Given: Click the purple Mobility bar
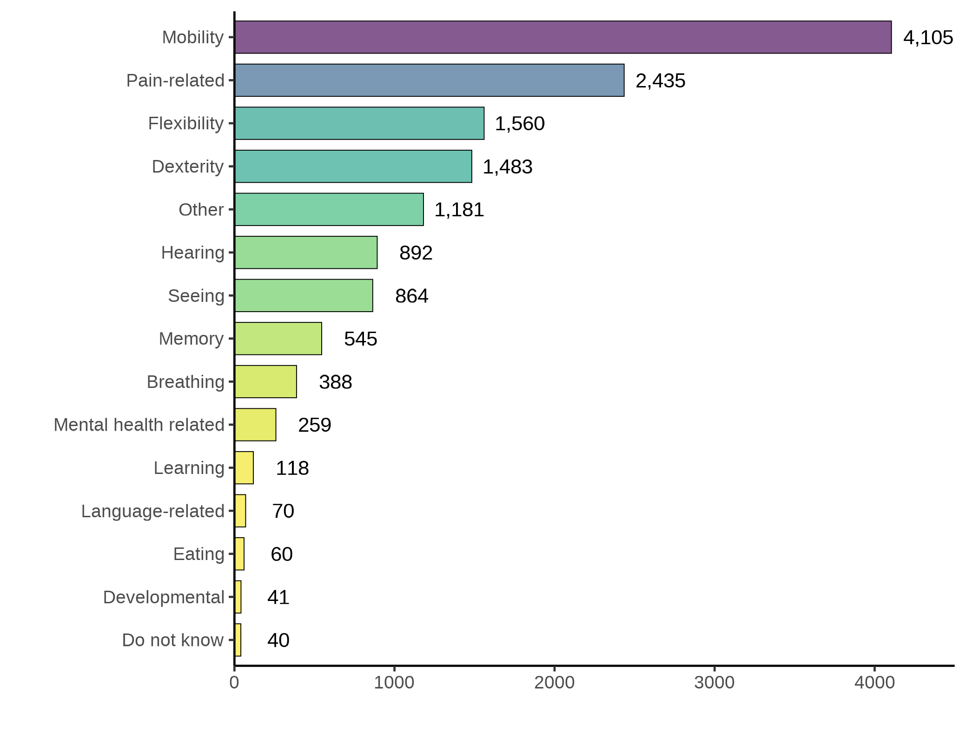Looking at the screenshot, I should [562, 37].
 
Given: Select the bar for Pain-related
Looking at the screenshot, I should [429, 80].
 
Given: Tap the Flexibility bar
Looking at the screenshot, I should [359, 123].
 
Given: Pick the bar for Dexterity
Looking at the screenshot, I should [353, 167].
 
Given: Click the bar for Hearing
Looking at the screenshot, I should [306, 253].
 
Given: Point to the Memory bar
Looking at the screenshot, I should [278, 339].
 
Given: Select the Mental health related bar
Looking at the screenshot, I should [255, 425].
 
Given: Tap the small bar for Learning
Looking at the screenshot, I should [244, 468].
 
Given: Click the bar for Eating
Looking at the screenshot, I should [239, 554].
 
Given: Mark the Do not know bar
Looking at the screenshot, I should [238, 640].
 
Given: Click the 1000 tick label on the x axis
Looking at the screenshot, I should [394, 683].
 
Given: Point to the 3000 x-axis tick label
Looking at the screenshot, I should [714, 683].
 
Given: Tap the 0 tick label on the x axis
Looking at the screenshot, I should [234, 683].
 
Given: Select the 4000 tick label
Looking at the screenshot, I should [874, 683].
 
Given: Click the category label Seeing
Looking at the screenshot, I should [196, 296].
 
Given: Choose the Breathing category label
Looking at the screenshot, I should [185, 382].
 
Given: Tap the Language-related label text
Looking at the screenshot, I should [153, 511].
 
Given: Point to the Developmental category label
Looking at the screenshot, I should [164, 597].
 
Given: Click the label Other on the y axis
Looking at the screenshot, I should [201, 210].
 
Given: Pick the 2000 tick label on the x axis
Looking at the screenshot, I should [554, 683].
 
